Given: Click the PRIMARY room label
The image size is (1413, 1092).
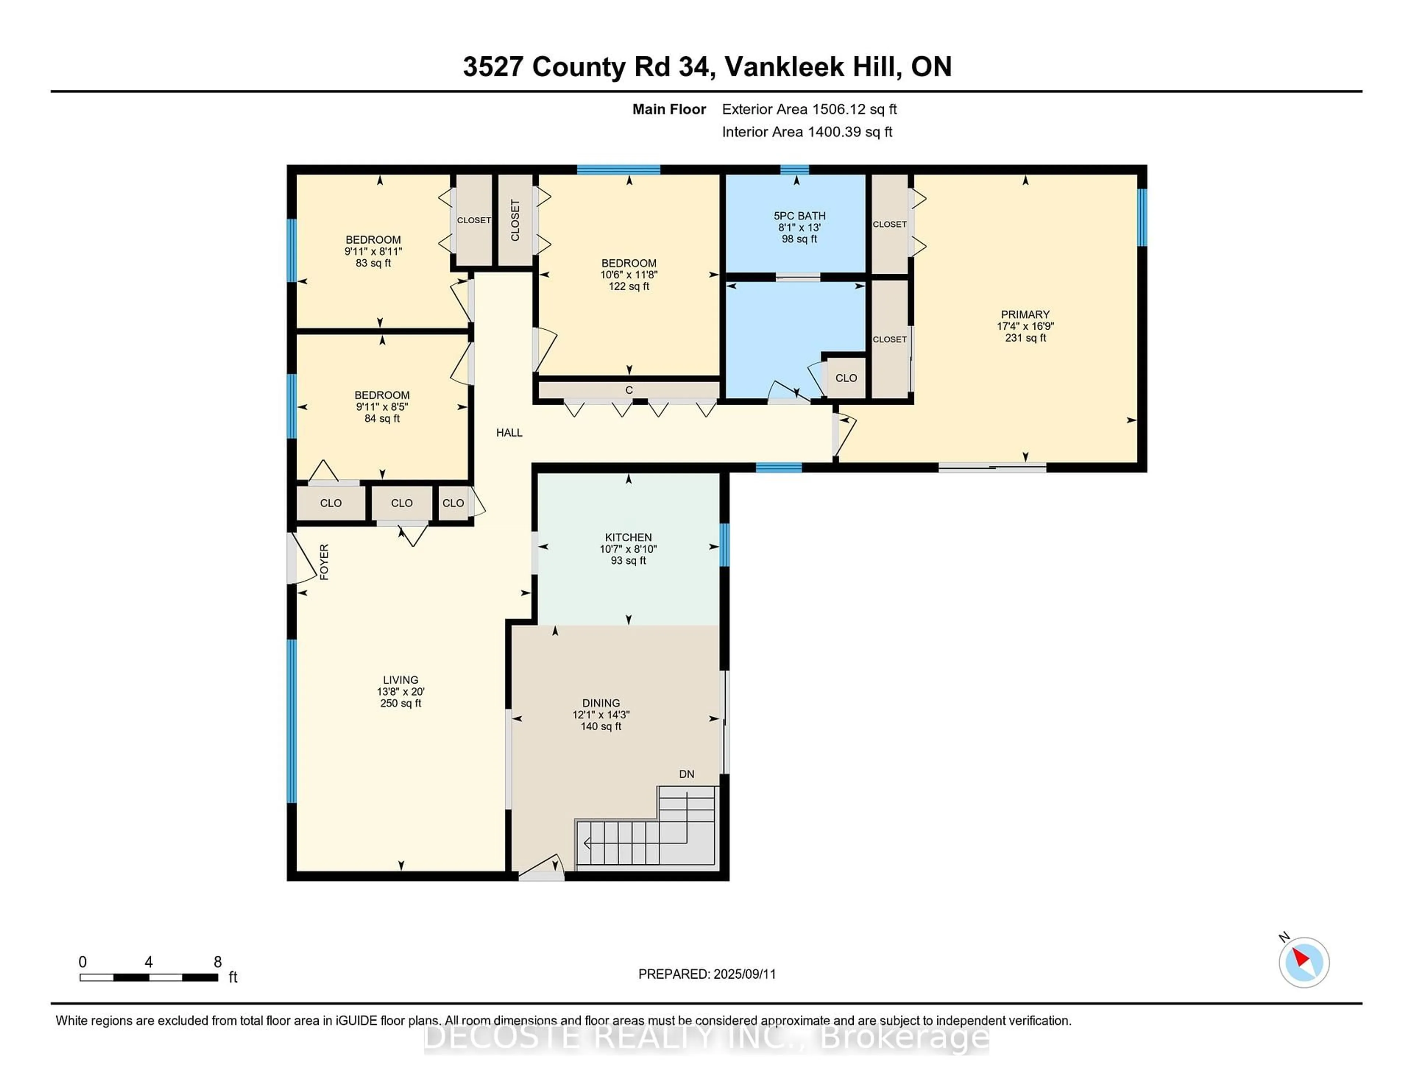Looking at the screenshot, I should pos(1025,315).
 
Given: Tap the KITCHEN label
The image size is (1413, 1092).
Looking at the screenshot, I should pos(627,537).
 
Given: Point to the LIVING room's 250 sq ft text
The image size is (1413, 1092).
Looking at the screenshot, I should pos(400,703).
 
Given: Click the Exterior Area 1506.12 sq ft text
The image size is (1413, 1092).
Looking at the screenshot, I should pos(809,109).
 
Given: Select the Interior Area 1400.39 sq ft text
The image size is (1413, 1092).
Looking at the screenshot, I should pos(807,132).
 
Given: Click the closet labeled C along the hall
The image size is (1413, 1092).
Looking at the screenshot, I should pos(628,390).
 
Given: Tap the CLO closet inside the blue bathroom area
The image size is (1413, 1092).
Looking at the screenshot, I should pos(846,378).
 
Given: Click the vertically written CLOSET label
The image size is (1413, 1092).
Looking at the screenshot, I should pos(515,220).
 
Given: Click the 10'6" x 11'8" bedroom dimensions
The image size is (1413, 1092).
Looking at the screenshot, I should pos(628,275).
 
